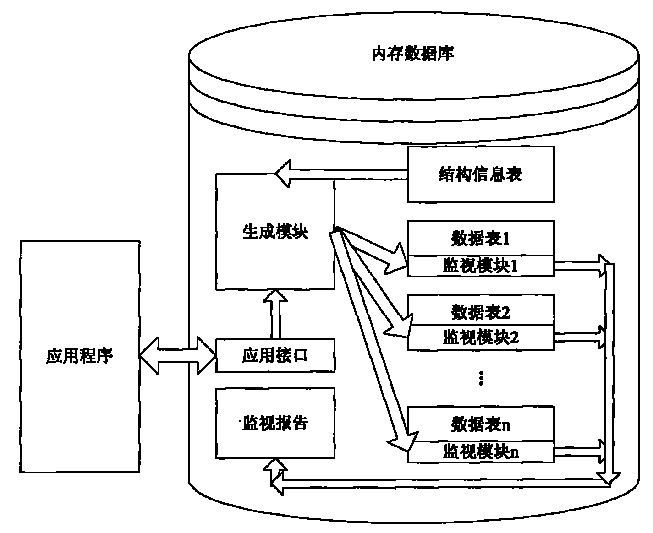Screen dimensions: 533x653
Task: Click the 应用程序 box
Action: [x=79, y=356]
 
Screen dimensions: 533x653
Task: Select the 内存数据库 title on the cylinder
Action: [x=412, y=54]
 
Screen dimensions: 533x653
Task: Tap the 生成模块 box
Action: [x=275, y=232]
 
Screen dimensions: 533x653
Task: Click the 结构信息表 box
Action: [x=481, y=174]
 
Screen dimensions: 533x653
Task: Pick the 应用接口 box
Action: [x=275, y=356]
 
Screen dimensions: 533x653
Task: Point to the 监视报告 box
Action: [x=275, y=423]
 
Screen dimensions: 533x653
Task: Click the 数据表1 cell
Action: [x=481, y=238]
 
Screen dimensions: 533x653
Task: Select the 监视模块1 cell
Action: [x=481, y=266]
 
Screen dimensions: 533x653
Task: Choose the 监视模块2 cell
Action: [x=481, y=338]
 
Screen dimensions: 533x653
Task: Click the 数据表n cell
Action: [x=481, y=424]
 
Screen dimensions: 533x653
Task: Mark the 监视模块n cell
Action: [x=481, y=452]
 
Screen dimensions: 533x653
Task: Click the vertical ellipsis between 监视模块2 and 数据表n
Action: [x=481, y=378]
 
